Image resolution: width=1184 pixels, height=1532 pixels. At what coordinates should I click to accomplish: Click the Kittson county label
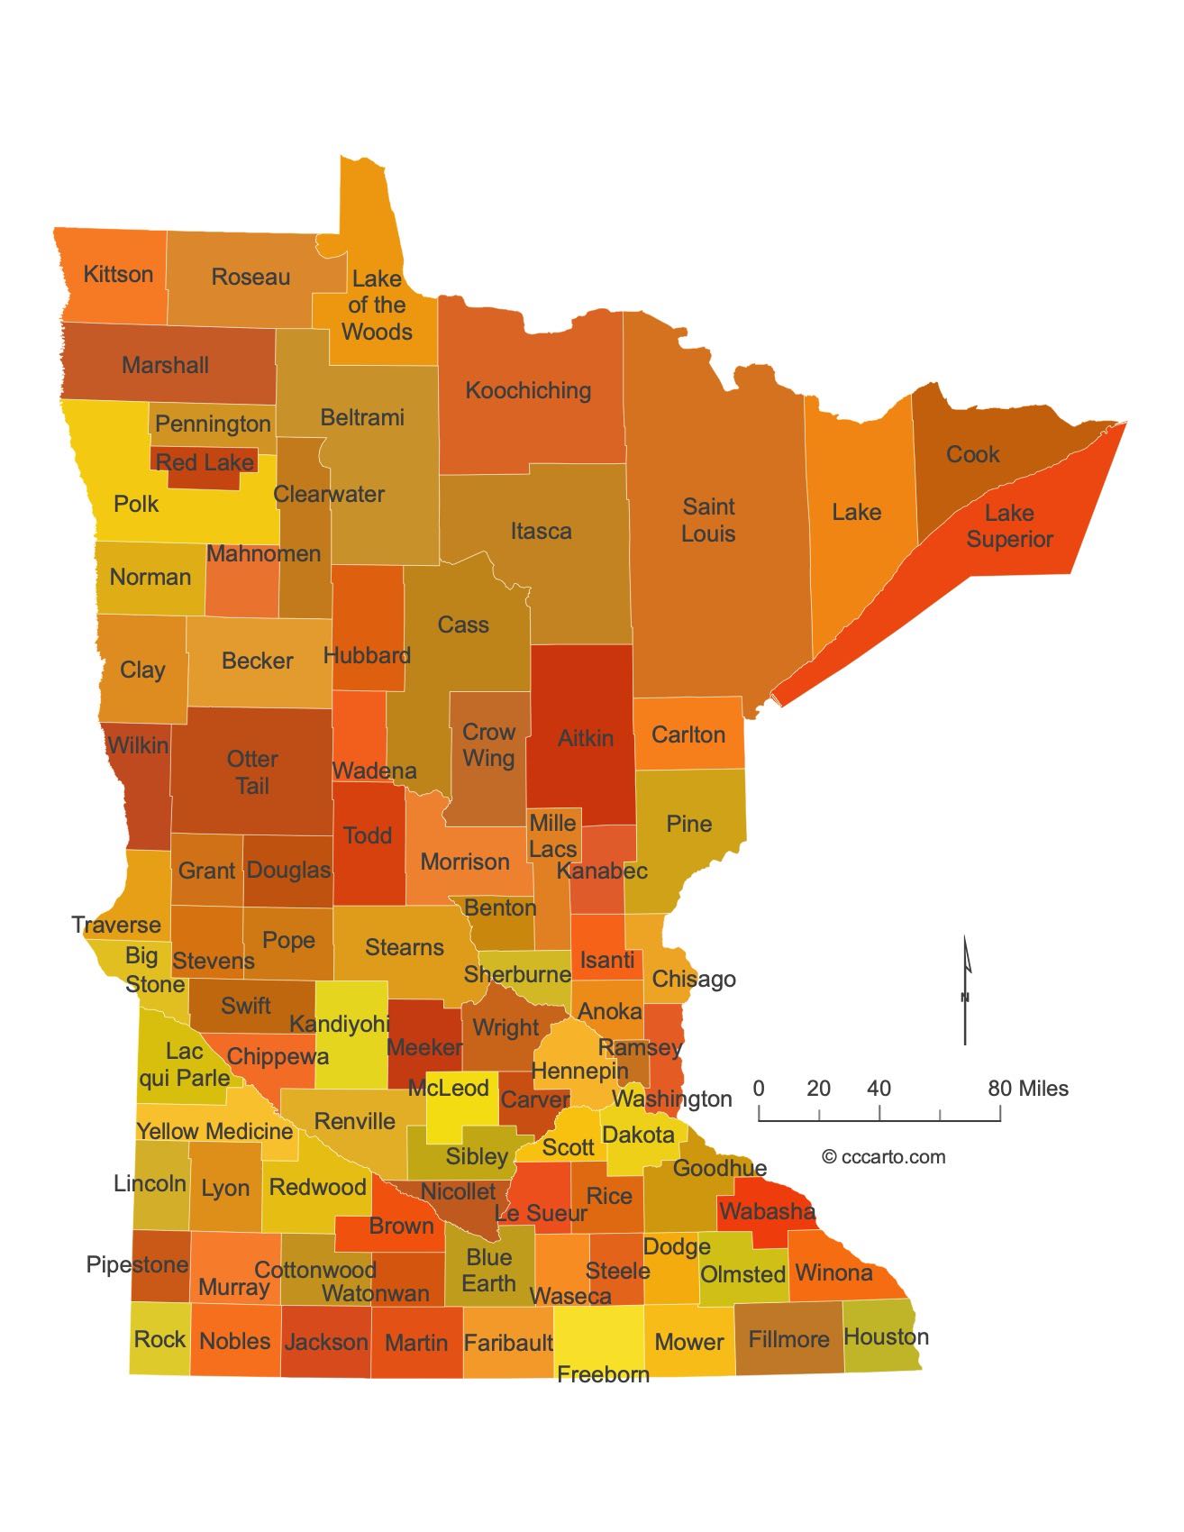118,274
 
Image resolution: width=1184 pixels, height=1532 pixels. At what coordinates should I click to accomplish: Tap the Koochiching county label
528,390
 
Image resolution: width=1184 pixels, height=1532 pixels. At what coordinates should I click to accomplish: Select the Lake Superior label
1009,526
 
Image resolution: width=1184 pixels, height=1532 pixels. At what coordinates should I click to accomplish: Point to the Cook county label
972,454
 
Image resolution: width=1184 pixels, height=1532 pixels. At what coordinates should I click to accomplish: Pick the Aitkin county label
585,738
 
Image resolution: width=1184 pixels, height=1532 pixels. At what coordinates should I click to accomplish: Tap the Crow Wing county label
488,745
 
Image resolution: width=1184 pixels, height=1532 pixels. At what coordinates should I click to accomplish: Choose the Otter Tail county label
252,772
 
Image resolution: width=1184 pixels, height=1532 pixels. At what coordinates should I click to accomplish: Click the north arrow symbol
966,991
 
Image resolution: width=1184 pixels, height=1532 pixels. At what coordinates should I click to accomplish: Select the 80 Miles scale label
1028,1089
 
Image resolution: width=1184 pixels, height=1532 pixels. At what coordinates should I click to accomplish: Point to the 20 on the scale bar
818,1089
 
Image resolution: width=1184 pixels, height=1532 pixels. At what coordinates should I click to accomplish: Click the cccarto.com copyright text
883,1157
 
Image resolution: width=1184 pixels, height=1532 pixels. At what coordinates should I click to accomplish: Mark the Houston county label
886,1336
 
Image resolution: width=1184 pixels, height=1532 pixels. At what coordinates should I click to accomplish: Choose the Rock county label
159,1339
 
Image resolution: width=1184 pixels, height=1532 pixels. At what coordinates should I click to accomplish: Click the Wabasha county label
767,1211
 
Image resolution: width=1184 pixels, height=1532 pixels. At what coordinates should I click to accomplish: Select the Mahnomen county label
263,553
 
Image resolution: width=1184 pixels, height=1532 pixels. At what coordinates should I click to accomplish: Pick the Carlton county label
688,734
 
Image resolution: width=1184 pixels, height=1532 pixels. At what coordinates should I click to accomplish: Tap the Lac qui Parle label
185,1064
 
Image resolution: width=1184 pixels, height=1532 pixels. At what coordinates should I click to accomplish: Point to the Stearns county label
404,947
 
